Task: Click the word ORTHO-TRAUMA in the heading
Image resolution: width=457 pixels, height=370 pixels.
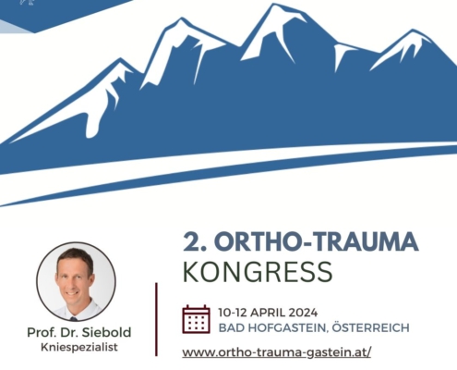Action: coord(319,241)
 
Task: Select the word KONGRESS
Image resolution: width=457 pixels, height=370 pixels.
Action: coord(258,272)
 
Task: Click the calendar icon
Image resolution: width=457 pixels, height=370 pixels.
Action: coord(196,319)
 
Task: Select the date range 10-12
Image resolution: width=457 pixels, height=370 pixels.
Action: coord(233,313)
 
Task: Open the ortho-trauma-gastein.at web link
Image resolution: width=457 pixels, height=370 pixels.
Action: coord(277,352)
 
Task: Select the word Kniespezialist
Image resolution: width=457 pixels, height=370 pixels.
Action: coord(79,347)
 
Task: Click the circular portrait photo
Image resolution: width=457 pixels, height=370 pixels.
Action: coord(76,281)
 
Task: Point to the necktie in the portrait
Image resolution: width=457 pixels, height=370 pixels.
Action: coord(73,319)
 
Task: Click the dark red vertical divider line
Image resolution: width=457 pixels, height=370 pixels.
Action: coord(156,319)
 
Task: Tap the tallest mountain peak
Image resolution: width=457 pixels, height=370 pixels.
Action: coord(273,5)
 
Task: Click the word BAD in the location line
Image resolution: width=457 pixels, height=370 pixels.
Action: coord(232,327)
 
